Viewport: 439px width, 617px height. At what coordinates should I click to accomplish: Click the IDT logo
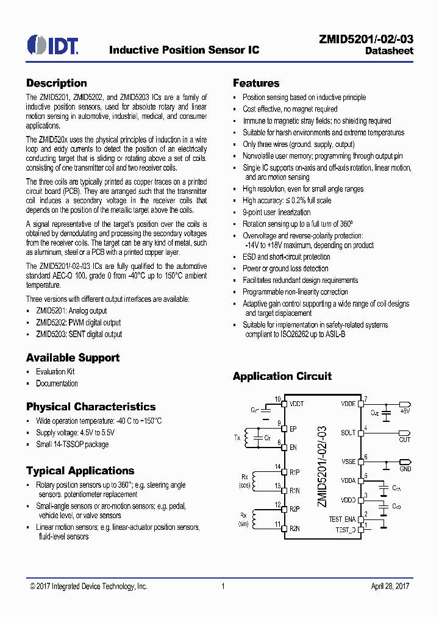click(x=52, y=45)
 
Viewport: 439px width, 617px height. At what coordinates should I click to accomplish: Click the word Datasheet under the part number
click(x=389, y=51)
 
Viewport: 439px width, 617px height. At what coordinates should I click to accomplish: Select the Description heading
click(x=56, y=84)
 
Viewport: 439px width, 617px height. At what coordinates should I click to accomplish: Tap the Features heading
click(x=256, y=84)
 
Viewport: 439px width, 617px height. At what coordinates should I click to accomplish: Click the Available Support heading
click(x=73, y=358)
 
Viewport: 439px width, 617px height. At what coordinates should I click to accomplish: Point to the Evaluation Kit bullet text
click(x=55, y=371)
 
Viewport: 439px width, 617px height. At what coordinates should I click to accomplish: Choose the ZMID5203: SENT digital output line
click(x=79, y=334)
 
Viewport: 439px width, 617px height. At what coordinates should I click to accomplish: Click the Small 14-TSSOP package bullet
click(x=72, y=444)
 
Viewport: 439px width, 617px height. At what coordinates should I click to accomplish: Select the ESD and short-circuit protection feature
click(x=286, y=257)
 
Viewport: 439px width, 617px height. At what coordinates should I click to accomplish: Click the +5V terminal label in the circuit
click(x=405, y=412)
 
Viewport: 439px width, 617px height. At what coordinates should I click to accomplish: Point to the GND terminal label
click(x=405, y=468)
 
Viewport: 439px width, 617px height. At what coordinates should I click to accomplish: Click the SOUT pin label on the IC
click(x=348, y=433)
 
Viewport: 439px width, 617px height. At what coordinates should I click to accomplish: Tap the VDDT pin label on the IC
click(x=297, y=404)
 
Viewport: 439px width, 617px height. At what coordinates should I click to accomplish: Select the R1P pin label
click(x=294, y=472)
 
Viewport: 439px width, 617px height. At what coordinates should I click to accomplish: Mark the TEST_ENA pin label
click(x=341, y=519)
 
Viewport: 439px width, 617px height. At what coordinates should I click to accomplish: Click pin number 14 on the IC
click(x=277, y=467)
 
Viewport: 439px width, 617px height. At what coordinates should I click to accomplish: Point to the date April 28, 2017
click(x=390, y=586)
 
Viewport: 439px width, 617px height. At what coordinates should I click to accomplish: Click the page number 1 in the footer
click(x=223, y=586)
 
